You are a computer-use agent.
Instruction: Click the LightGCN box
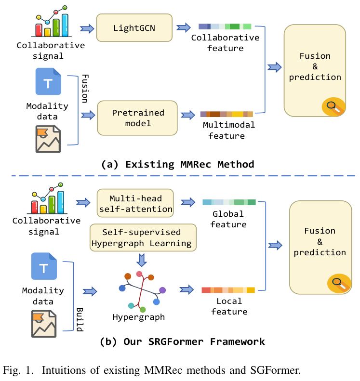pos(134,28)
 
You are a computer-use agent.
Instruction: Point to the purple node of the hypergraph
pos(162,290)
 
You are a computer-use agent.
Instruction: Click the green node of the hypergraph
pos(143,309)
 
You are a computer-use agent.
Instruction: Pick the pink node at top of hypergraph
pos(139,274)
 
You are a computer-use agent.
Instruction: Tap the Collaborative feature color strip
pos(225,26)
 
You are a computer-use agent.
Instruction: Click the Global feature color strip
pos(229,202)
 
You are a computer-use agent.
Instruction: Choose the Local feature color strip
pos(228,290)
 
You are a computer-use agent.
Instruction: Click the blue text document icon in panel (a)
pos(48,81)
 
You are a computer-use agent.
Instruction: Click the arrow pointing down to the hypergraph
pos(141,260)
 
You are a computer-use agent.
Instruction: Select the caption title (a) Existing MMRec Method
pos(177,164)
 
